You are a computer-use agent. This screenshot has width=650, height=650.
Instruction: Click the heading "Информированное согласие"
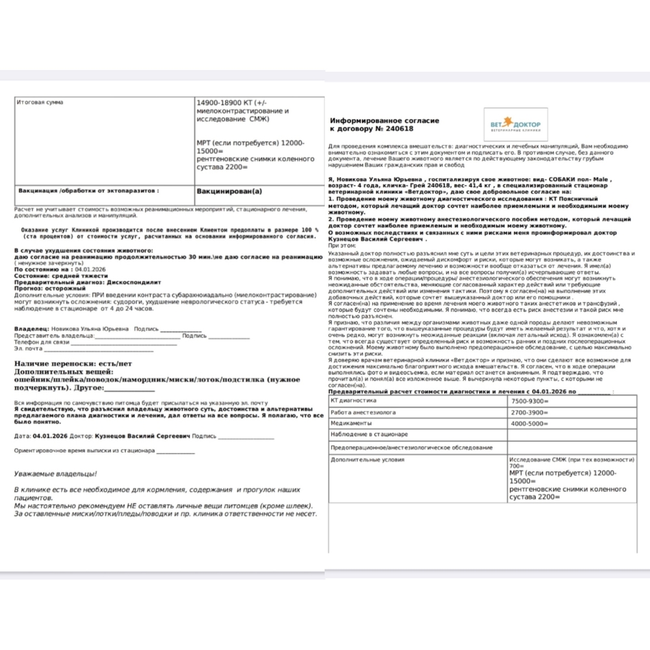[x=385, y=121]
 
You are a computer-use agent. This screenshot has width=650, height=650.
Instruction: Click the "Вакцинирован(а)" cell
[x=229, y=192]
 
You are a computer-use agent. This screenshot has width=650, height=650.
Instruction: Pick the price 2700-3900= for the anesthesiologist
[x=530, y=412]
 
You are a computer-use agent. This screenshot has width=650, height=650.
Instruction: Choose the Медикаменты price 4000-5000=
[x=530, y=423]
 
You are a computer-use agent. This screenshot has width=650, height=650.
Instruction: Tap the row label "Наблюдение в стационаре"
[x=369, y=434]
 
